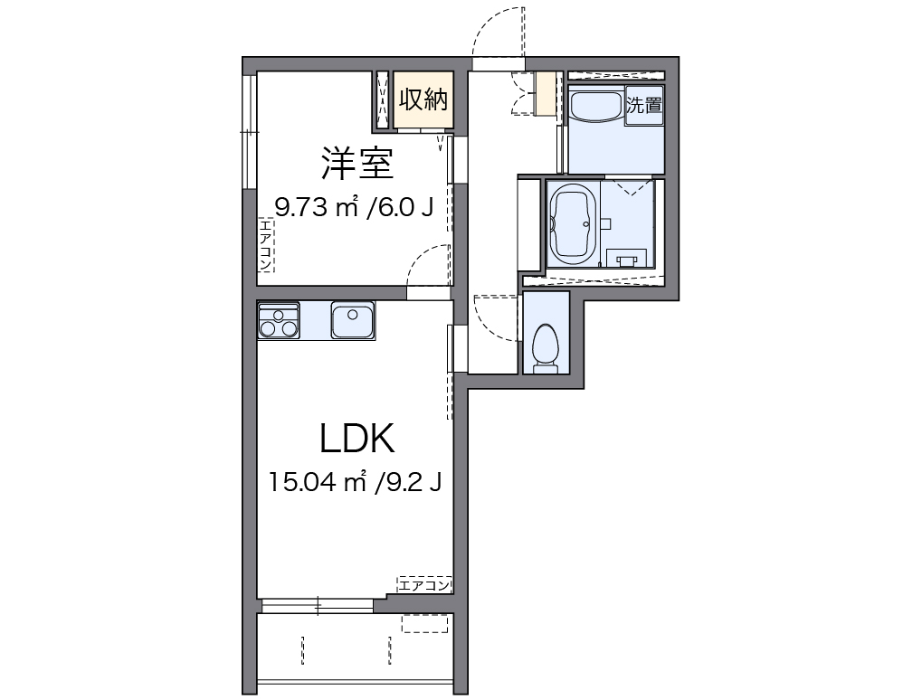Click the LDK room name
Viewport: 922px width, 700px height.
pos(356,439)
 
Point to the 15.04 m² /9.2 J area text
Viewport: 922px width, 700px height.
pos(355,482)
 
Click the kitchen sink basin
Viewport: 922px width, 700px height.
pos(352,320)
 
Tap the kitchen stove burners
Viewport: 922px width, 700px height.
pos(279,321)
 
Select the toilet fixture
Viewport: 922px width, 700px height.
pos(546,346)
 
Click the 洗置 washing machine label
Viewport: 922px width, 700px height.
pos(645,104)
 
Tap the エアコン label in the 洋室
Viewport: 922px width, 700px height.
pos(266,245)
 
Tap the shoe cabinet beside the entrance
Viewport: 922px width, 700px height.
pos(545,93)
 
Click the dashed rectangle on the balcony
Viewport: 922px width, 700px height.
pos(424,623)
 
